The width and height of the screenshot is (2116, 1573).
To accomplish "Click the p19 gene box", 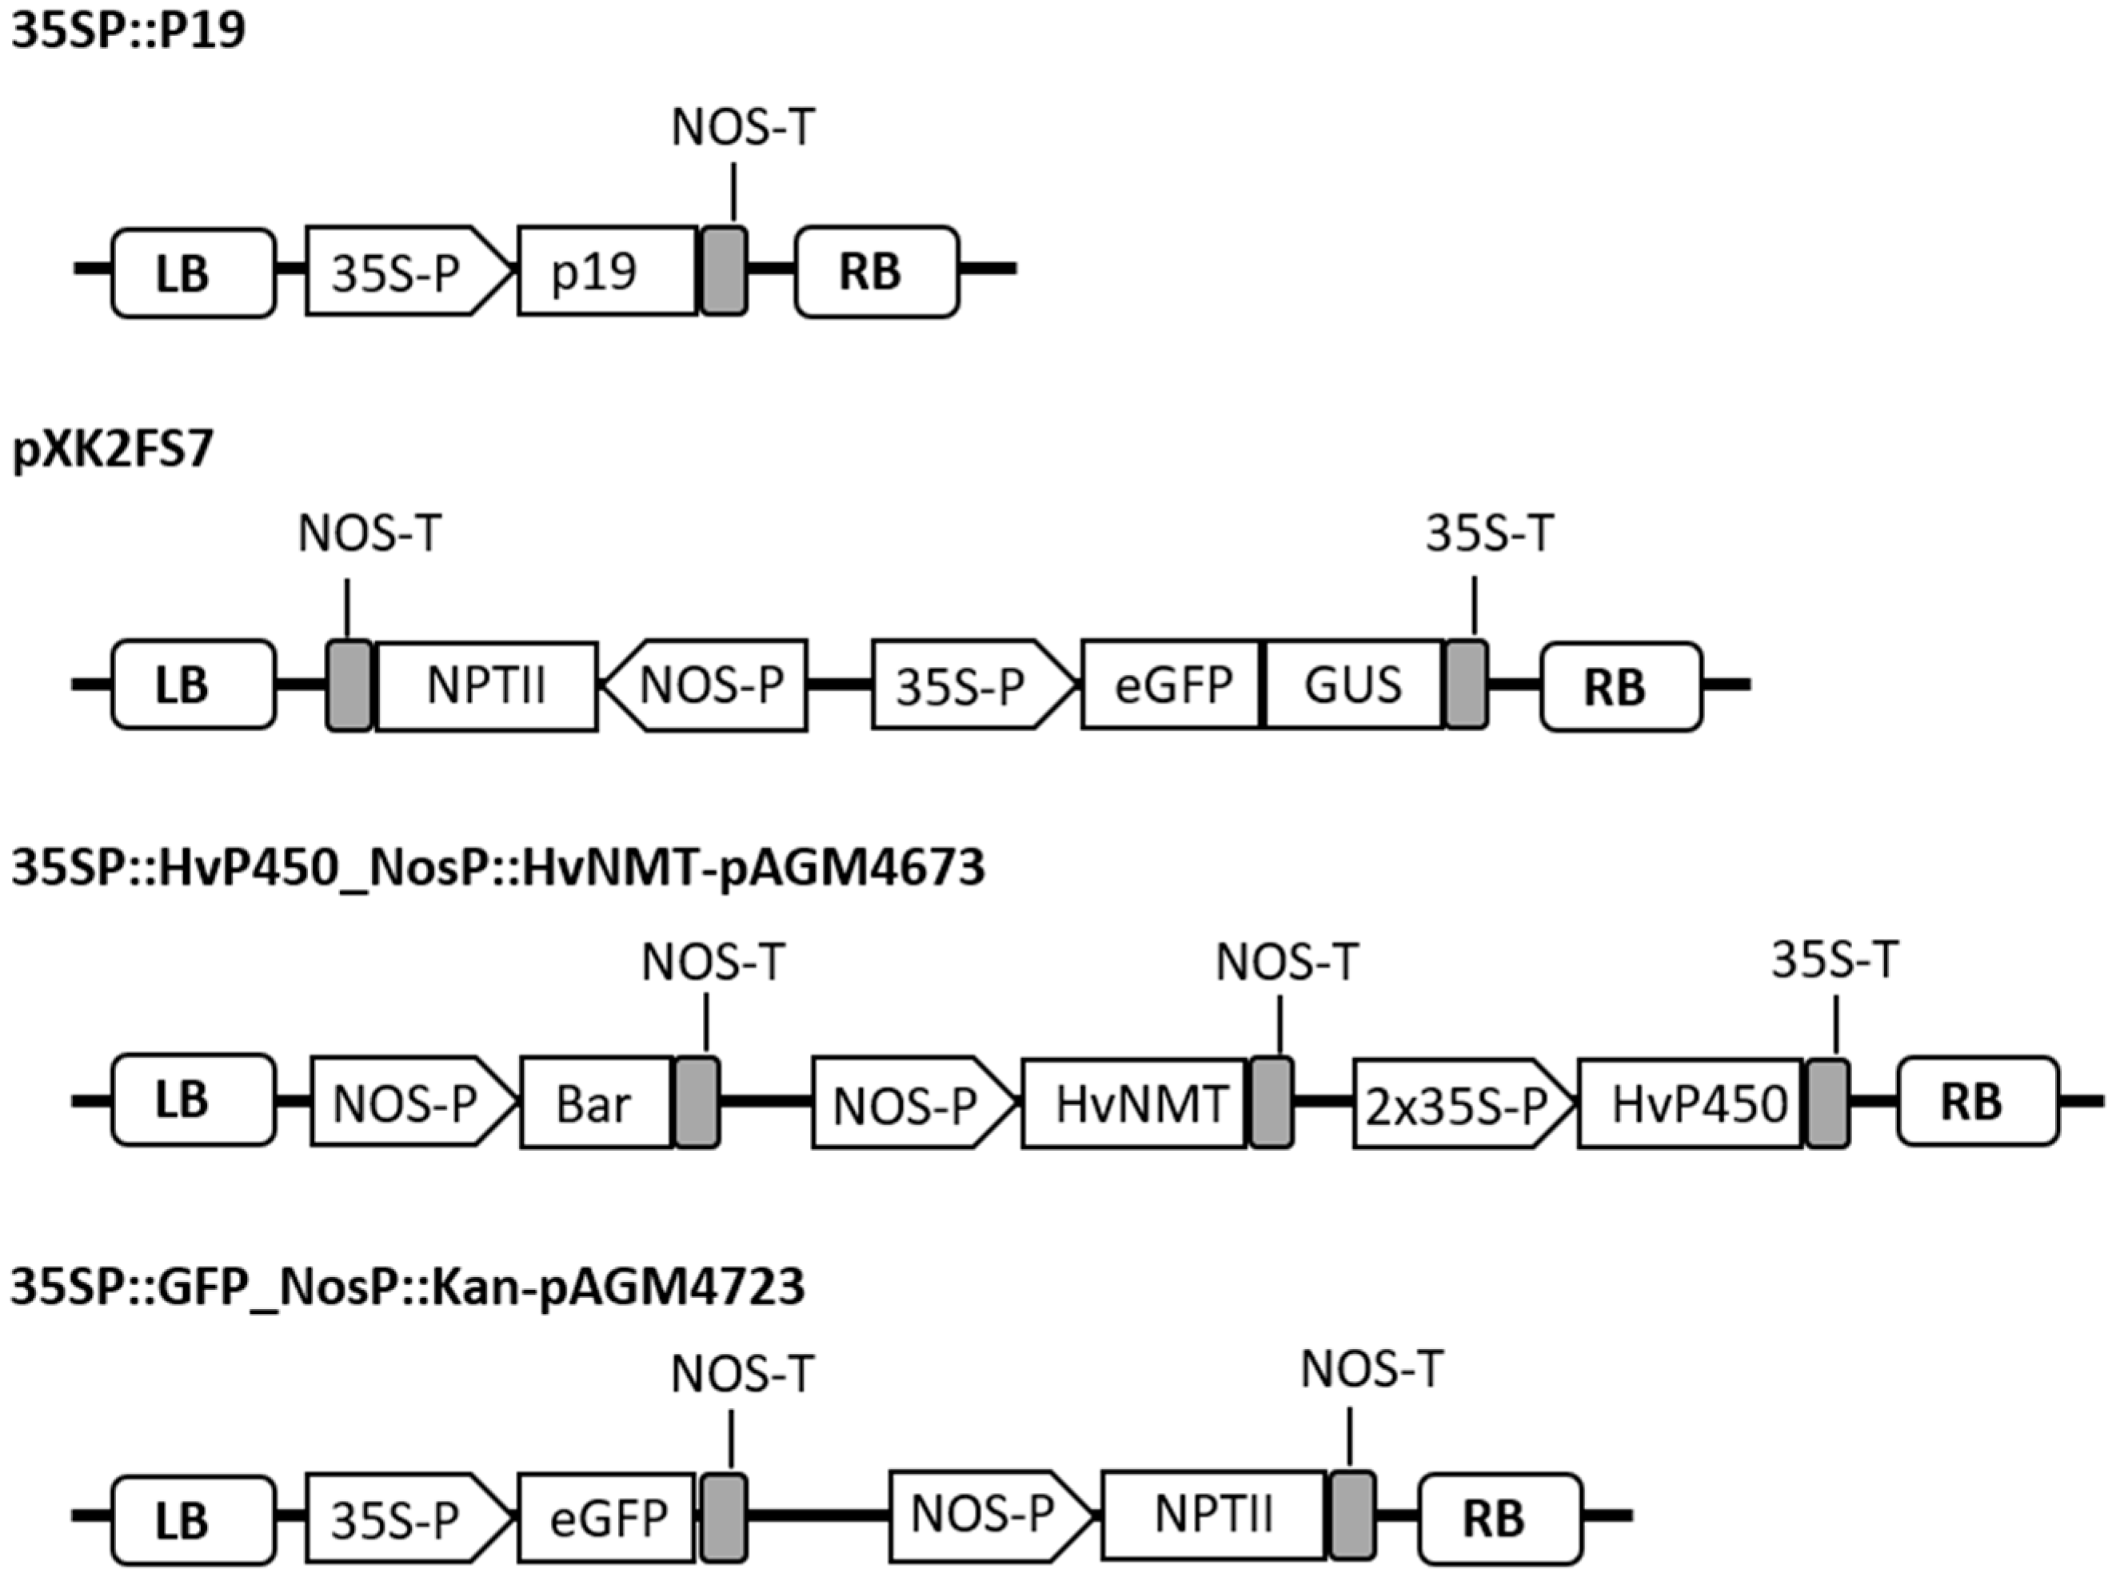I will point(607,271).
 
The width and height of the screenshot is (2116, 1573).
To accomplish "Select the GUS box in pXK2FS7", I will point(1353,685).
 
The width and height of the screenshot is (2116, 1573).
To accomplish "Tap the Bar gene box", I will point(595,1102).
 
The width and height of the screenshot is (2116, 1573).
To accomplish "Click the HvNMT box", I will point(1133,1102).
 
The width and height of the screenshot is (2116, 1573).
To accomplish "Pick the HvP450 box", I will point(1691,1102).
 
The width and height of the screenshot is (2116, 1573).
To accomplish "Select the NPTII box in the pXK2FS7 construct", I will point(487,685).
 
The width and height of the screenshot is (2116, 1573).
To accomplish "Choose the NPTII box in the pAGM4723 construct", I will point(1213,1516).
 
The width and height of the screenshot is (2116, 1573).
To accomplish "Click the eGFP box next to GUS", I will point(1172,685).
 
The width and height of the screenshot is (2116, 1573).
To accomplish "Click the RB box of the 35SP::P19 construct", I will point(876,271).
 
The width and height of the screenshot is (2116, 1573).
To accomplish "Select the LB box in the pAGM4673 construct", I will point(194,1100).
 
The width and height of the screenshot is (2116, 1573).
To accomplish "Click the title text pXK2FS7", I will point(113,450).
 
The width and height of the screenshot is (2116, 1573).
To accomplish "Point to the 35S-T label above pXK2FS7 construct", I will point(1489,534).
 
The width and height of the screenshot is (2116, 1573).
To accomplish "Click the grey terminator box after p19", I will point(724,271).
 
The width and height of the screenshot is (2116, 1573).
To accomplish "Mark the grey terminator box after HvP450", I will point(1827,1102).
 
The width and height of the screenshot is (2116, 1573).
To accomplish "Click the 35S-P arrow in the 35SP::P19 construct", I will point(405,271).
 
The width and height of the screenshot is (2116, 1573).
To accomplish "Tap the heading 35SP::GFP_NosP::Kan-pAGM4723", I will point(408,1287).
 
